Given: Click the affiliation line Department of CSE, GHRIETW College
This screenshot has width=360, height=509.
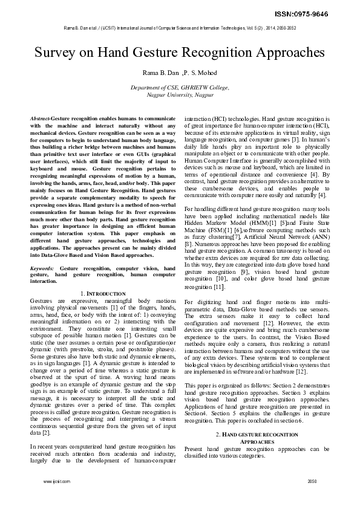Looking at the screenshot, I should [x=180, y=88].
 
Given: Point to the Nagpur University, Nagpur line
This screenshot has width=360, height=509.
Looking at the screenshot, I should [x=180, y=95].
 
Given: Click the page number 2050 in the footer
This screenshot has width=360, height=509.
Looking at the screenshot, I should [x=312, y=481].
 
